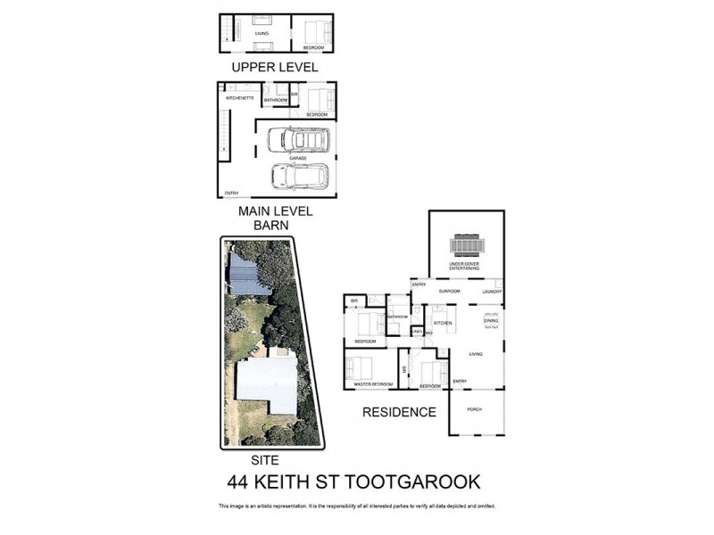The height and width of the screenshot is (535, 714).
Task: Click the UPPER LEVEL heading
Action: pyautogui.click(x=274, y=67)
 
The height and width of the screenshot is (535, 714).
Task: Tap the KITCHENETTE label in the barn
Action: pyautogui.click(x=240, y=97)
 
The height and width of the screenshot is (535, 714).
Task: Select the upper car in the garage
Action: pyautogui.click(x=298, y=140)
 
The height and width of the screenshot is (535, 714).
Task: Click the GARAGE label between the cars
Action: pyautogui.click(x=298, y=158)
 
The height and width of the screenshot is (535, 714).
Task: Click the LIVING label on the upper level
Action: pyautogui.click(x=262, y=33)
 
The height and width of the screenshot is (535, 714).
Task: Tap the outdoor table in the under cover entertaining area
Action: pyautogui.click(x=466, y=244)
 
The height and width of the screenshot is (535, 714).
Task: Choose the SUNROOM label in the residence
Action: pyautogui.click(x=448, y=292)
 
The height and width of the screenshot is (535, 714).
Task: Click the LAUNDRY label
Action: pyautogui.click(x=491, y=292)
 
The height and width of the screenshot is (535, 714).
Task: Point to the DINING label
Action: pyautogui.click(x=491, y=320)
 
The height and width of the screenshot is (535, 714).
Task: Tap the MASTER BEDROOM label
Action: pyautogui.click(x=373, y=384)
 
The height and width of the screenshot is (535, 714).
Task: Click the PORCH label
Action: pyautogui.click(x=474, y=409)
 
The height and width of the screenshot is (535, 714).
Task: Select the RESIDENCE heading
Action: pyautogui.click(x=399, y=412)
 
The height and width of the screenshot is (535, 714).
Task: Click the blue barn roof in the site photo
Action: pyautogui.click(x=247, y=276)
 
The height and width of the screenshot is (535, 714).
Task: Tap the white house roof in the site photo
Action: pyautogui.click(x=266, y=382)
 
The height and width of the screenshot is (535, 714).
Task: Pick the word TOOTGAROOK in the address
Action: pyautogui.click(x=413, y=482)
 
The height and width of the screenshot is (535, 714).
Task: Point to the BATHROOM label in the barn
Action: pyautogui.click(x=276, y=100)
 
